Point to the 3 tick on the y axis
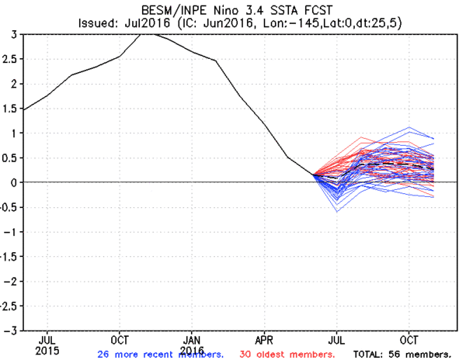pos(15,34)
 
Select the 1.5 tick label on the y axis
pos(9,109)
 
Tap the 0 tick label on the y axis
pos(15,182)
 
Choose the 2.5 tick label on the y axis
pos(9,59)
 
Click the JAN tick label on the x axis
pos(192,340)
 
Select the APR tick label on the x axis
pos(264,340)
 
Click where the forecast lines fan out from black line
pos(314,175)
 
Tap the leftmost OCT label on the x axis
pos(120,340)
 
